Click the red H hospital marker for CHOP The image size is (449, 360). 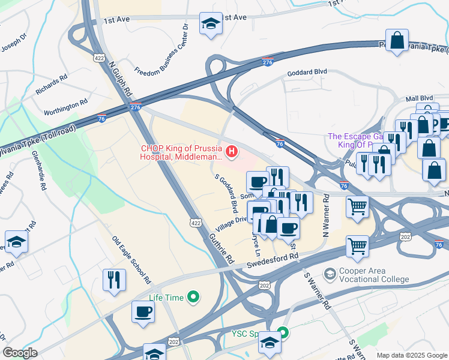click(232, 149)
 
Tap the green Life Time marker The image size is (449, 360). click(193, 296)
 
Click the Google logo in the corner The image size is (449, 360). click(20, 353)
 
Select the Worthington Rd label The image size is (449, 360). click(67, 108)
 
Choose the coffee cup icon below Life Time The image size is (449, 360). click(143, 312)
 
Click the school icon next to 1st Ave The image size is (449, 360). click(210, 24)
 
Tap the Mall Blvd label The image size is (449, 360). click(419, 98)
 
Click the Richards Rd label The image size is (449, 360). click(51, 84)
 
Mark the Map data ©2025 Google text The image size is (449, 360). click(411, 355)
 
